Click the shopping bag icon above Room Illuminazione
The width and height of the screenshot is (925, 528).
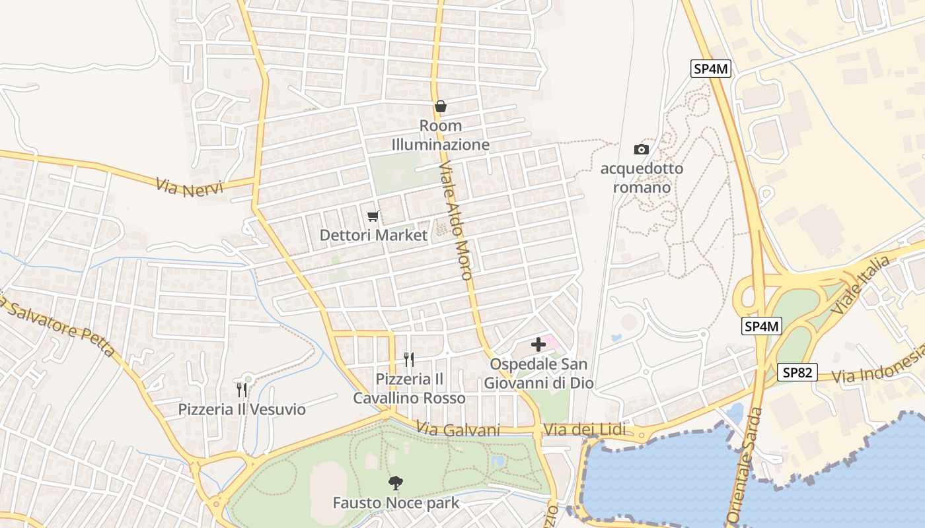click(x=441, y=106)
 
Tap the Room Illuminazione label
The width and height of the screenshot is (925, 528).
click(x=441, y=135)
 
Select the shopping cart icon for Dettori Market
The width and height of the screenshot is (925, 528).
click(x=373, y=216)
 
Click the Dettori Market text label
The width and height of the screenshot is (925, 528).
click(x=373, y=235)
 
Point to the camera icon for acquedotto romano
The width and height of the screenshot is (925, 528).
click(x=641, y=149)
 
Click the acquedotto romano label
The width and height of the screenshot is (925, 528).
click(x=642, y=178)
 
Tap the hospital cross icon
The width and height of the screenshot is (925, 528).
click(x=538, y=344)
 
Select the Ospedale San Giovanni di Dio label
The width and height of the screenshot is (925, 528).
click(x=538, y=374)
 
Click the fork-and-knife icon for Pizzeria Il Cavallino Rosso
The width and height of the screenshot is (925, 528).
click(x=409, y=360)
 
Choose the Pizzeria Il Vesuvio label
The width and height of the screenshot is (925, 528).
click(x=242, y=410)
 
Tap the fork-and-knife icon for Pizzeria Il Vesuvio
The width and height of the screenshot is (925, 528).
click(x=242, y=390)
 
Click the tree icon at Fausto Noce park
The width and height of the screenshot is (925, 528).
click(x=395, y=483)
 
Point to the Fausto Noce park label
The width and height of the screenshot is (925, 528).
click(x=395, y=503)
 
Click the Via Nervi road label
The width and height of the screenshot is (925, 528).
click(x=190, y=185)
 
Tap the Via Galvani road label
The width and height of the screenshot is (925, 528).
click(x=458, y=430)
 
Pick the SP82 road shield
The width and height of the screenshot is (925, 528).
click(x=797, y=372)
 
